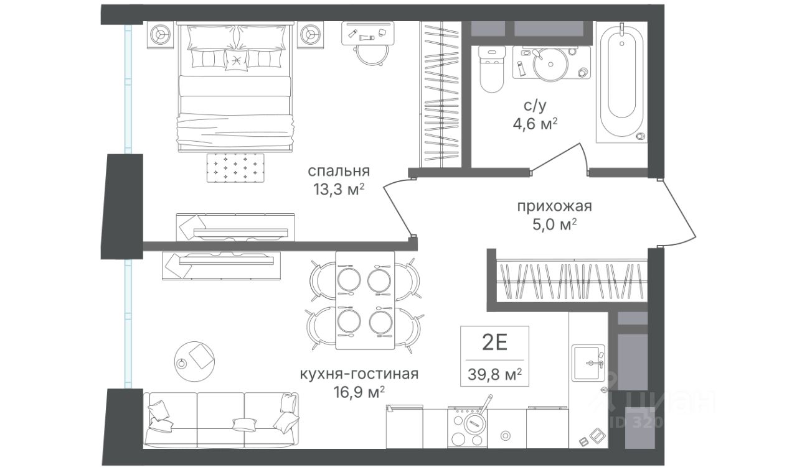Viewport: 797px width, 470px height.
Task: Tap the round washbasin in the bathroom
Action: (550, 65)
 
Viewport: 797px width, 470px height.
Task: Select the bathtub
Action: (621, 81)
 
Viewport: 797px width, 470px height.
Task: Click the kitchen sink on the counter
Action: (588, 362)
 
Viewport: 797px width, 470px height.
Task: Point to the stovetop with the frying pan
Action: (468, 428)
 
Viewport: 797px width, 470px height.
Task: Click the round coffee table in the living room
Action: (194, 361)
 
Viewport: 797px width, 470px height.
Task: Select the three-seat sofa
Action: (221, 420)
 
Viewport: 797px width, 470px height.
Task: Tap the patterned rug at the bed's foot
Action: (235, 168)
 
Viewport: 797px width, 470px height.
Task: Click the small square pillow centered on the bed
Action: (236, 60)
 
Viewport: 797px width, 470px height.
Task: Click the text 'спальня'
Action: (339, 171)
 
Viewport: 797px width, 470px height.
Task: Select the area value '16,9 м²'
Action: (359, 392)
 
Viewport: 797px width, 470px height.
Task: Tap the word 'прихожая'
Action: (554, 206)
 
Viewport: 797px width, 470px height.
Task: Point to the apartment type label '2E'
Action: (494, 343)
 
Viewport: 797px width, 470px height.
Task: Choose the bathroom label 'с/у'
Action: (535, 106)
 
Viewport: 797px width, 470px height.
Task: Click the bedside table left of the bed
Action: (161, 34)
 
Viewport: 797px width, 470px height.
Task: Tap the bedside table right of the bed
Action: (311, 34)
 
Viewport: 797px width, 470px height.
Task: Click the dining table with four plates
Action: (365, 300)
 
